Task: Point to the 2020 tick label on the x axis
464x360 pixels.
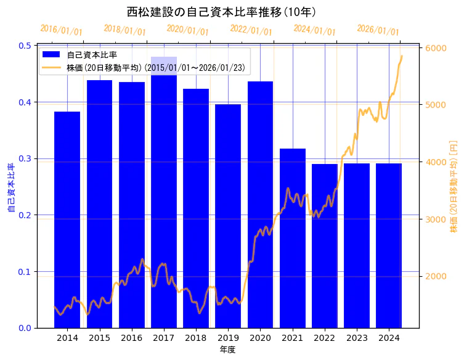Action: pos(260,338)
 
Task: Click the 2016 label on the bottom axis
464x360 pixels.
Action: pos(131,338)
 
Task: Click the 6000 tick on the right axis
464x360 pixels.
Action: pos(436,48)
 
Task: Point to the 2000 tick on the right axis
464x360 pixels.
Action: pos(436,276)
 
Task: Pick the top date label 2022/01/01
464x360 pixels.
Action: pos(251,30)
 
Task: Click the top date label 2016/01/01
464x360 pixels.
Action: pos(61,30)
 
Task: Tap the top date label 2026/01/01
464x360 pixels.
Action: pos(378,30)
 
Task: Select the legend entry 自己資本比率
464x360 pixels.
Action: pos(92,55)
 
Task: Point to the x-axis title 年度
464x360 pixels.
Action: pos(227,350)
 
